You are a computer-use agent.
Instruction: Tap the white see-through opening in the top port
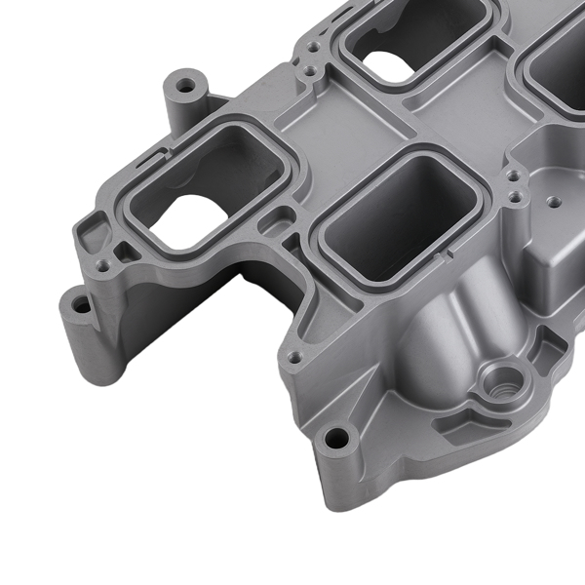pos(389,66)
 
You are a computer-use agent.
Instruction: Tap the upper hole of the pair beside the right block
pos(513,175)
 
